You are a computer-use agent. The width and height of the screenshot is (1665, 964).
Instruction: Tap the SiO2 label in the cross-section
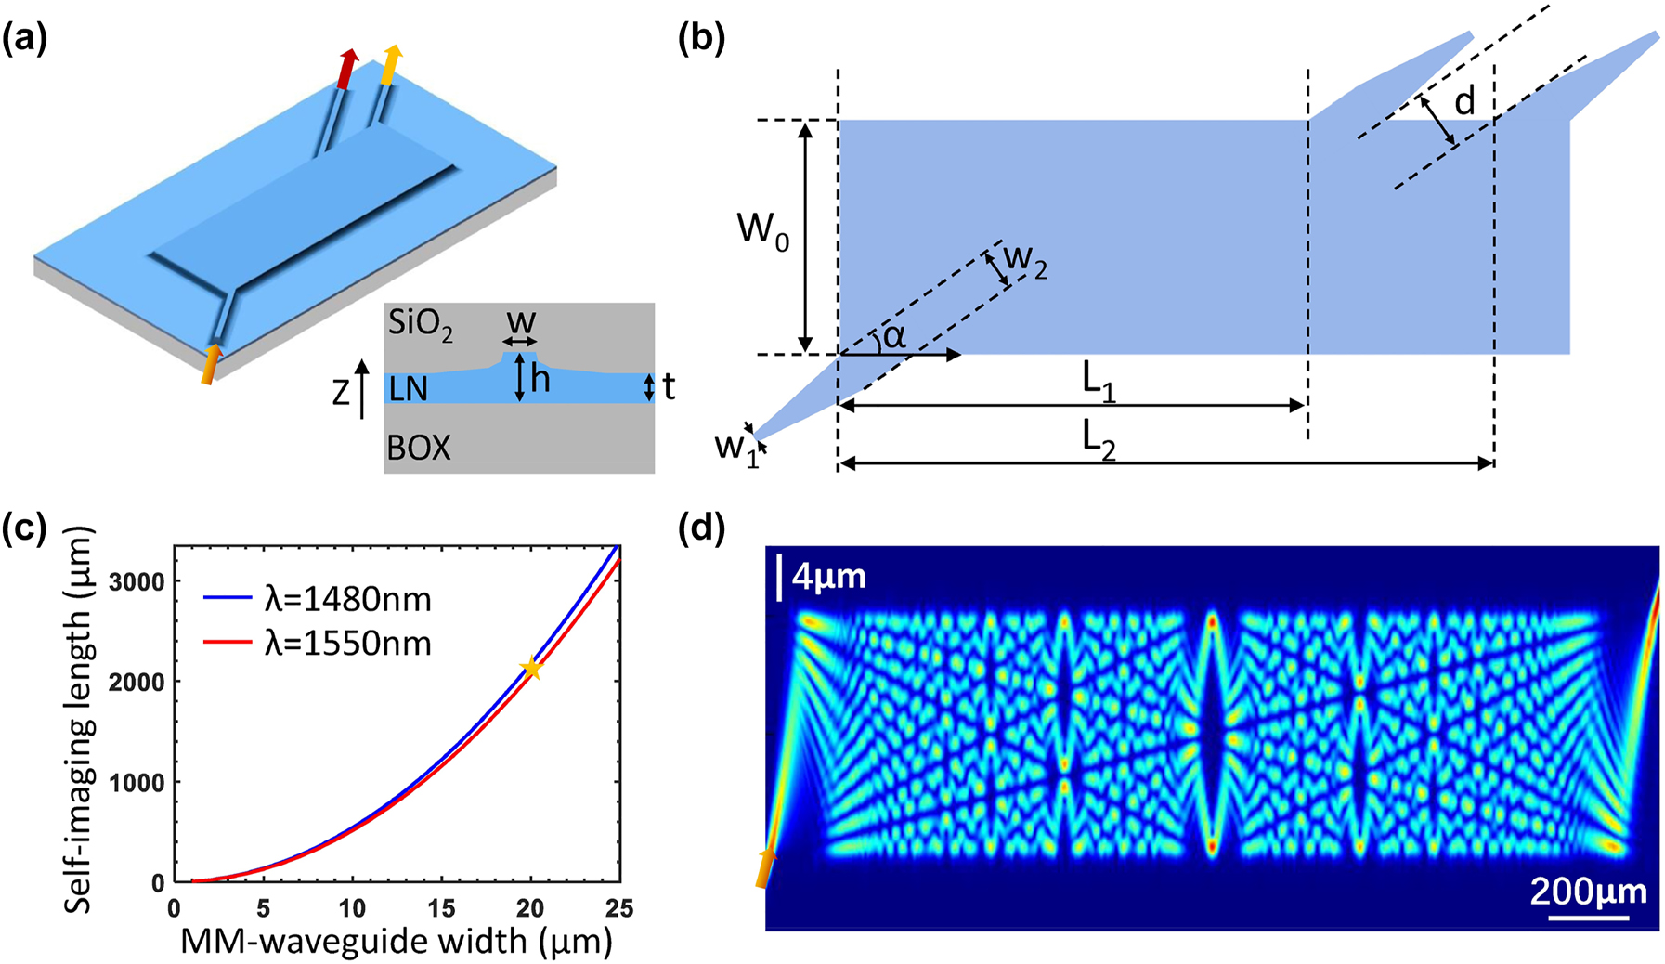click(x=421, y=326)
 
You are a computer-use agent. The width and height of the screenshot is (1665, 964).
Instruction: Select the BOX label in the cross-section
click(x=419, y=448)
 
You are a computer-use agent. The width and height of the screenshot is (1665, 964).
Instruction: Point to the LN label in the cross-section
click(x=409, y=389)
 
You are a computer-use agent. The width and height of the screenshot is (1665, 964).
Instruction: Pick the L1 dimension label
click(x=1099, y=384)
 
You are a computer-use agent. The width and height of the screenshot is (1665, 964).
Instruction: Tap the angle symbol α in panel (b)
click(x=894, y=336)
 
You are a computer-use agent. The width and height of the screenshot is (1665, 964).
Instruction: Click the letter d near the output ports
click(x=1464, y=101)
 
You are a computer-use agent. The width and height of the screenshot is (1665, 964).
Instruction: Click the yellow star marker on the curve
click(x=532, y=668)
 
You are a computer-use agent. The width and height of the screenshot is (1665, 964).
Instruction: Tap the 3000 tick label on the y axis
click(x=137, y=581)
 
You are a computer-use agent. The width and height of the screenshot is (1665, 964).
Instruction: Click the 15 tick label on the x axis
click(x=441, y=908)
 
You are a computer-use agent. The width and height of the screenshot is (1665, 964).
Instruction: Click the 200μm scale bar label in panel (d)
click(x=1588, y=892)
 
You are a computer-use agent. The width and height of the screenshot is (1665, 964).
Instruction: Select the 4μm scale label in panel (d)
click(x=828, y=577)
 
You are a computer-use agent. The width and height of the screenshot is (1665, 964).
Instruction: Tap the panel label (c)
click(x=25, y=528)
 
